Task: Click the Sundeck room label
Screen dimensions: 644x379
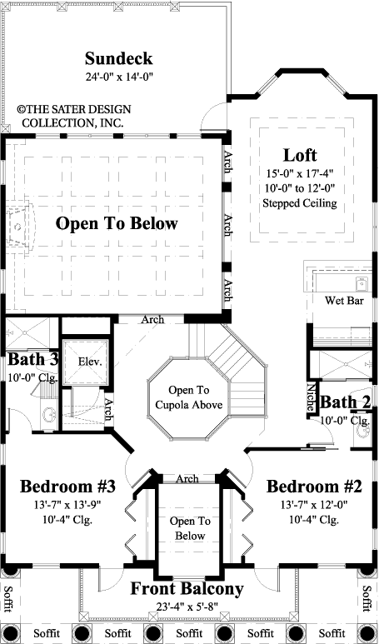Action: click(119, 59)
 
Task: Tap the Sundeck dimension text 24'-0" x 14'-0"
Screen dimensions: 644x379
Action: click(119, 77)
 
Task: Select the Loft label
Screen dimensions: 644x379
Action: click(299, 155)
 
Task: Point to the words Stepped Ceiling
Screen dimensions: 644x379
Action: click(298, 202)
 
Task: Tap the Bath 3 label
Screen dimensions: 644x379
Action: click(32, 361)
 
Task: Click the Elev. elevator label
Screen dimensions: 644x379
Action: click(89, 362)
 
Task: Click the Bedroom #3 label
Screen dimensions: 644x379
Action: click(68, 487)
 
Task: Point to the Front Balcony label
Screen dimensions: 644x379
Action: click(187, 589)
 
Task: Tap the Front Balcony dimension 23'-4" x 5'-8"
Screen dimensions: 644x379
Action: click(187, 607)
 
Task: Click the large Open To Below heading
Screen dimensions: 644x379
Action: click(117, 223)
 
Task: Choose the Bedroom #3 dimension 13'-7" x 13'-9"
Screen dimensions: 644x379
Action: click(68, 505)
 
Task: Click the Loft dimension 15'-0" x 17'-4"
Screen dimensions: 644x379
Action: click(299, 172)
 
